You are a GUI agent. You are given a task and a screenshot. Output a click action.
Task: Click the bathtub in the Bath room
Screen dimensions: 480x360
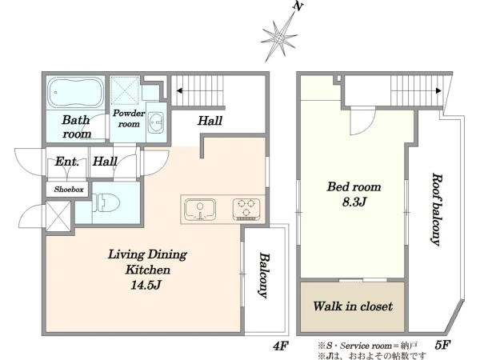pyautogui.click(x=76, y=92)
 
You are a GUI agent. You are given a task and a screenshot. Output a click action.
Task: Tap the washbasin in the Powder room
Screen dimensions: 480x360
pyautogui.click(x=156, y=122)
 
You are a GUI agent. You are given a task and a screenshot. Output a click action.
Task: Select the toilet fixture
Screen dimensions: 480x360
pyautogui.click(x=106, y=202)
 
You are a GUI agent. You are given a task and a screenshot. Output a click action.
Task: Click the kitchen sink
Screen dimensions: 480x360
pyautogui.click(x=200, y=210)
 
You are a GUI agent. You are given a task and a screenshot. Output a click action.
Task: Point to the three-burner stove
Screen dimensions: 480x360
pyautogui.click(x=246, y=210)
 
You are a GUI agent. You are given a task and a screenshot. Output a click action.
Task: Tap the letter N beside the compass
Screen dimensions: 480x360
pyautogui.click(x=297, y=6)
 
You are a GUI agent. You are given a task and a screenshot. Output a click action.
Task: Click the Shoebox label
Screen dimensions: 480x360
pyautogui.click(x=69, y=190)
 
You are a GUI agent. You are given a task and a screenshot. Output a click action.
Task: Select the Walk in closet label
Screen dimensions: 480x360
pyautogui.click(x=353, y=306)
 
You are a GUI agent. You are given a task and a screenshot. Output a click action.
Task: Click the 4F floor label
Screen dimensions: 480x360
pyautogui.click(x=281, y=346)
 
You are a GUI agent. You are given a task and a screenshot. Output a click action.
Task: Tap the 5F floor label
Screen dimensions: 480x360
pyautogui.click(x=442, y=345)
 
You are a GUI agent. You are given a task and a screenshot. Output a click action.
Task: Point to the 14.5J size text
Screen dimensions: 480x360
pyautogui.click(x=146, y=286)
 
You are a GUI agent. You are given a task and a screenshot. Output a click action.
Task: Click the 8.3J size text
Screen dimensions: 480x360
pyautogui.click(x=354, y=202)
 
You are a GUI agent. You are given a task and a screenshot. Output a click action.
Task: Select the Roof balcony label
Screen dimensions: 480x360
pyautogui.click(x=437, y=210)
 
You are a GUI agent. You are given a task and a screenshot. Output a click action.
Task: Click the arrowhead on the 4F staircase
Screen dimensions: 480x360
pyautogui.click(x=180, y=90)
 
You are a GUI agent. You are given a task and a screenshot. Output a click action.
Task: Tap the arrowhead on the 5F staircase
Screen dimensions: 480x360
pyautogui.click(x=438, y=90)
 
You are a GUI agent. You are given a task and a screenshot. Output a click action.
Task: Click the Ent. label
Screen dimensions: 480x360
pyautogui.click(x=67, y=162)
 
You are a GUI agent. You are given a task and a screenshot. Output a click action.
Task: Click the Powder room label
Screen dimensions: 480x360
pyautogui.click(x=129, y=118)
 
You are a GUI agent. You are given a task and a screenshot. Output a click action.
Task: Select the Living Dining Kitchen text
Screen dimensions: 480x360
pyautogui.click(x=147, y=262)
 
